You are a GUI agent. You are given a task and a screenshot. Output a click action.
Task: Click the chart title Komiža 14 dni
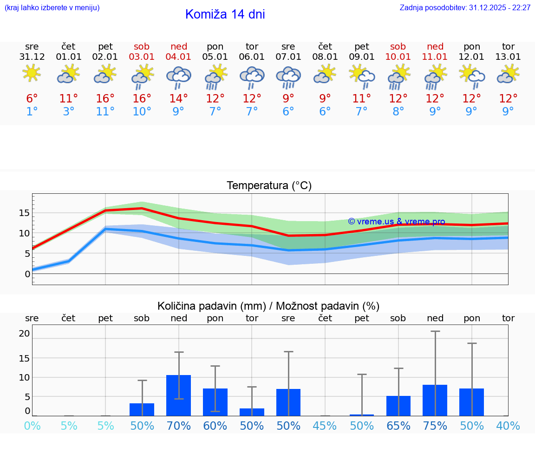pos(225,14)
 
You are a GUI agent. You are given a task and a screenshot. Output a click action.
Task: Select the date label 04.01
pos(179,57)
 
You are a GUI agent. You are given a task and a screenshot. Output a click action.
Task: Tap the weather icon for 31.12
pos(32,74)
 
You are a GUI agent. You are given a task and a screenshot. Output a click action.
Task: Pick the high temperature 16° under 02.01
pos(105,99)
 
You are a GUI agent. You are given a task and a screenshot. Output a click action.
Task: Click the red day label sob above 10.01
pos(398,46)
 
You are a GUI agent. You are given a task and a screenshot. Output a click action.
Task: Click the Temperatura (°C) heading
pos(269,186)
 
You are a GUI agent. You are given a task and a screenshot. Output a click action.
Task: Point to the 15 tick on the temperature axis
pos(24,213)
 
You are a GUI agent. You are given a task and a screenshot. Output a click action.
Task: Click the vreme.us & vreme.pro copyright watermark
pos(396,222)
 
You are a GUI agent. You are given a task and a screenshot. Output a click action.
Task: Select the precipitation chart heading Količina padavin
pos(268,306)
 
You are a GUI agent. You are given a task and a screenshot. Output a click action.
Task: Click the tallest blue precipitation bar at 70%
pos(178,395)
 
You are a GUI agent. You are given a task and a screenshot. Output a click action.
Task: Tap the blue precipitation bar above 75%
pos(435,400)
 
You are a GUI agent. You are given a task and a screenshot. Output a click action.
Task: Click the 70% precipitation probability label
pos(179,426)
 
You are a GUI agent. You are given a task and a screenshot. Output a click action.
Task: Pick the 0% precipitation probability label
pos(32,426)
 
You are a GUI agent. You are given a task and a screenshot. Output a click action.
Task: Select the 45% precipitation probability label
pos(325,426)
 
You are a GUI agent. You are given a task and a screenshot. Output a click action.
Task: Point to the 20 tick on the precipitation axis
pos(24,333)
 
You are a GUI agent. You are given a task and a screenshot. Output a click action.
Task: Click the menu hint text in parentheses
pos(52,8)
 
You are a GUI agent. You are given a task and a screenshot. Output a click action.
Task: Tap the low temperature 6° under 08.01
pos(325,112)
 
